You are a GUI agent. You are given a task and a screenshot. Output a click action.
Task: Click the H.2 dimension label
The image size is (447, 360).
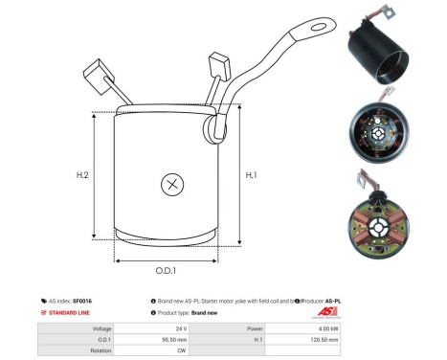(x=83, y=176)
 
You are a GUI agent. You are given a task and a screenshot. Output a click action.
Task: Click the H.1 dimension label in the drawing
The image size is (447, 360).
(x=251, y=174)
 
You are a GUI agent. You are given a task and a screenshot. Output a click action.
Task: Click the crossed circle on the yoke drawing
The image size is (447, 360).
(x=172, y=185)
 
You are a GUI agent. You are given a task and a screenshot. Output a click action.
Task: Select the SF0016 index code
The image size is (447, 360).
(x=96, y=301)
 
